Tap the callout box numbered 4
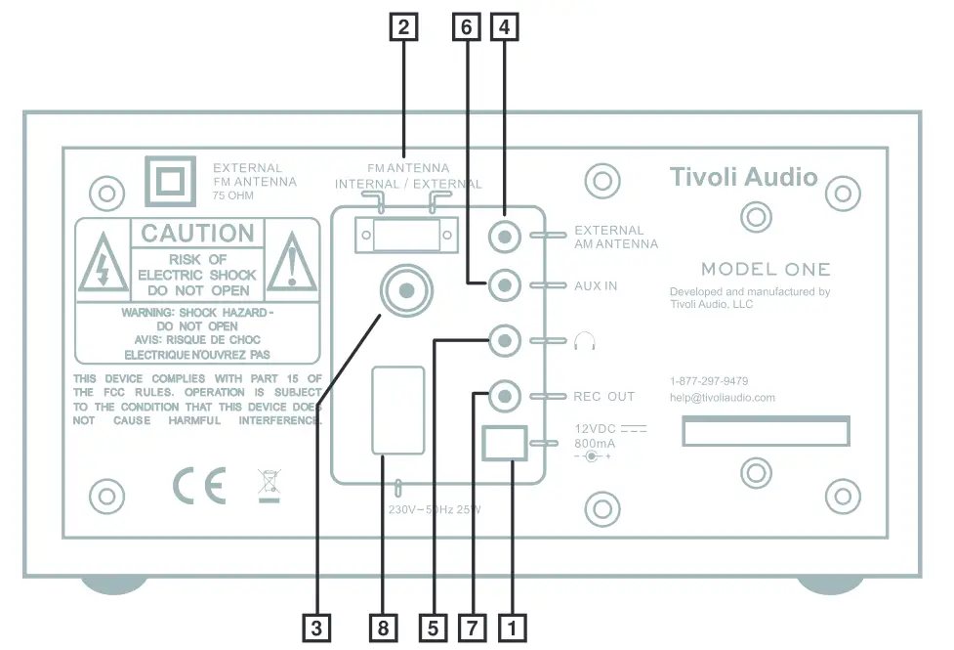click(504, 29)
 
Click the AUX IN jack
click(504, 286)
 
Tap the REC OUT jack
click(504, 396)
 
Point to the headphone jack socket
click(504, 341)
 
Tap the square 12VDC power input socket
click(505, 443)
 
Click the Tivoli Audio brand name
click(743, 177)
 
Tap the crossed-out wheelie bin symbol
click(268, 485)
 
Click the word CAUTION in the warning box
click(198, 234)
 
